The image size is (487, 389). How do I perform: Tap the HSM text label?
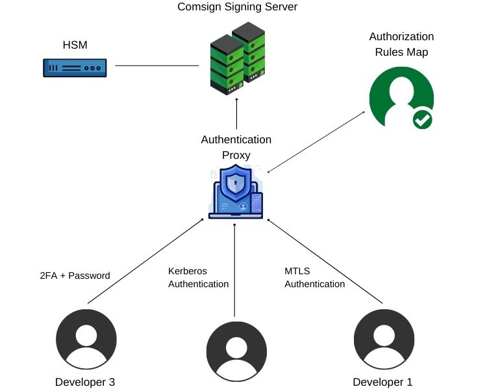pos(75,44)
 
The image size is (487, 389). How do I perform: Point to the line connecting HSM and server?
pos(156,65)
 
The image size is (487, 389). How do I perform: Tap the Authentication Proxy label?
pos(236,147)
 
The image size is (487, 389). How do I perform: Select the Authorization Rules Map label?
pos(401,44)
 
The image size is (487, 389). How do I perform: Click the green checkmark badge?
pos(422,119)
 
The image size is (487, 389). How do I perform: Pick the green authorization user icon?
pos(400,97)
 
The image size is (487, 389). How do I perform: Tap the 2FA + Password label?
pos(75,276)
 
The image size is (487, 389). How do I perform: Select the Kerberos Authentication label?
pos(198,277)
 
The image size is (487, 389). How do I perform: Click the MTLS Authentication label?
pos(314,277)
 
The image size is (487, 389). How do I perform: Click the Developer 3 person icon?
pos(86,340)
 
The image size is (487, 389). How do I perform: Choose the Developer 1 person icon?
pos(383,340)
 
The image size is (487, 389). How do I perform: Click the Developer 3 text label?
pos(86,382)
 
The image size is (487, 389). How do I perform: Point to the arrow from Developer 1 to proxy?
pos(325,261)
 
